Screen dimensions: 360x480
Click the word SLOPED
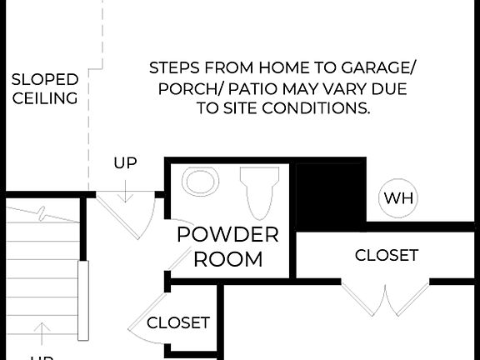tap(45, 80)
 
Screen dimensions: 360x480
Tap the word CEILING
tap(45, 98)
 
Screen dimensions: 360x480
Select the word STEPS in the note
tap(175, 67)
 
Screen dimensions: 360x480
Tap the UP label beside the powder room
tap(125, 163)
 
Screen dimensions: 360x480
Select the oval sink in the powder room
tap(201, 182)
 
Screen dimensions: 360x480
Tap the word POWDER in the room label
tap(227, 234)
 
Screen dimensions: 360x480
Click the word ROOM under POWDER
tap(227, 259)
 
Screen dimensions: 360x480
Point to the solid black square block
tap(331, 194)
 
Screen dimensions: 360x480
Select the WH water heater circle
tap(398, 198)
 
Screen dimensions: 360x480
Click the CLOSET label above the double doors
tap(387, 255)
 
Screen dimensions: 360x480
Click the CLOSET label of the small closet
tap(178, 322)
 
